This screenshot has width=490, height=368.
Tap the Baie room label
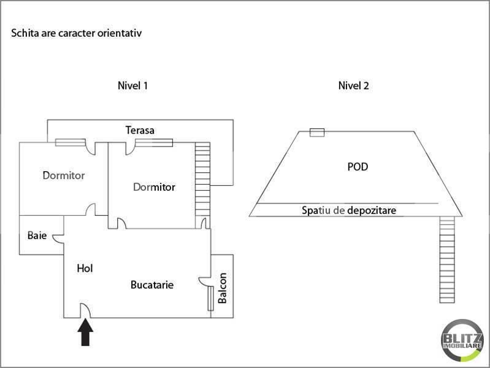tap(36, 236)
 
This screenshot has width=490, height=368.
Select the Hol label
tap(85, 268)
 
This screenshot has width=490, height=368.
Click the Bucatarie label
tap(152, 285)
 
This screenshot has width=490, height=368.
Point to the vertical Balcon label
tap(223, 288)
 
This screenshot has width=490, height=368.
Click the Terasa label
tap(140, 130)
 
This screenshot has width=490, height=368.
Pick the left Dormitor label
tap(64, 175)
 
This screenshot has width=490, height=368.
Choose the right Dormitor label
tap(154, 187)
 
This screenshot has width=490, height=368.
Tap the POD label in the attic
tap(358, 166)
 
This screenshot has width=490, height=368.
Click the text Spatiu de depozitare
tap(349, 210)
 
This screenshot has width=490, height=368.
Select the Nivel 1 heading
tap(132, 86)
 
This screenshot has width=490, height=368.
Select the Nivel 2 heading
tap(354, 86)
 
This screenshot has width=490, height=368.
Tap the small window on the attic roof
tap(316, 132)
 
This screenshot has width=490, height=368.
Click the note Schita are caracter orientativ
tap(77, 33)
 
